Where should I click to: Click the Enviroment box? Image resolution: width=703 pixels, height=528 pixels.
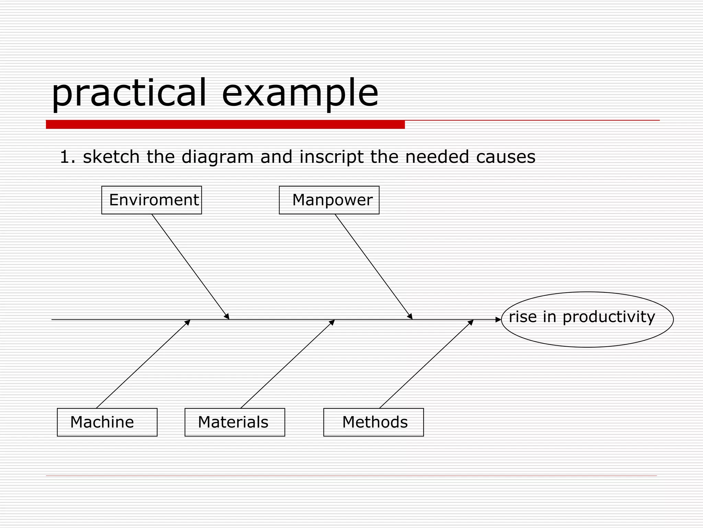click(151, 200)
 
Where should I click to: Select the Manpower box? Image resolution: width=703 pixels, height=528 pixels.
click(329, 200)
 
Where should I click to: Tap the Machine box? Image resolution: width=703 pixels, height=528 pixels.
click(107, 422)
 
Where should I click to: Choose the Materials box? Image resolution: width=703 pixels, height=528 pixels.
click(234, 422)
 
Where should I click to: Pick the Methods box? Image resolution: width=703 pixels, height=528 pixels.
click(373, 422)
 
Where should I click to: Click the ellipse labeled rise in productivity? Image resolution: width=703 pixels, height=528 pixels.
click(587, 319)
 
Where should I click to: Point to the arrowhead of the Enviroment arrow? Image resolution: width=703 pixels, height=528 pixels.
click(227, 317)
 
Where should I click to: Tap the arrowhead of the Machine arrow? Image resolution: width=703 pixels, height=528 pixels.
click(188, 322)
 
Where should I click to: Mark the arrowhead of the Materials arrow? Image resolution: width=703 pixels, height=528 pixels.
click(332, 322)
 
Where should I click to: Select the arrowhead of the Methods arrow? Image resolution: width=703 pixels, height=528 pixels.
click(471, 322)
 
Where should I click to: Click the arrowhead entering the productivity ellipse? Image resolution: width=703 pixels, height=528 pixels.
click(498, 319)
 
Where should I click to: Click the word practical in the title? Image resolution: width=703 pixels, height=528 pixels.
click(129, 93)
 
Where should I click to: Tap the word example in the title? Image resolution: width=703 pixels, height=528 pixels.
click(300, 93)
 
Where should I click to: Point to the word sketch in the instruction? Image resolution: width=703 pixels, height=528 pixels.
click(111, 157)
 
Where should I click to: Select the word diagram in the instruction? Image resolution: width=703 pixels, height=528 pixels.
click(217, 157)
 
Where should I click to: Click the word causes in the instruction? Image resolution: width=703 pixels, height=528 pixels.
click(505, 157)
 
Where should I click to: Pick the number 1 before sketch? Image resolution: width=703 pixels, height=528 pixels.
click(64, 157)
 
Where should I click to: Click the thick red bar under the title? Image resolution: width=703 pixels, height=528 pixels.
click(225, 124)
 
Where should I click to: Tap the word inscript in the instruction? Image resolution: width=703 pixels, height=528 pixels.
click(331, 157)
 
